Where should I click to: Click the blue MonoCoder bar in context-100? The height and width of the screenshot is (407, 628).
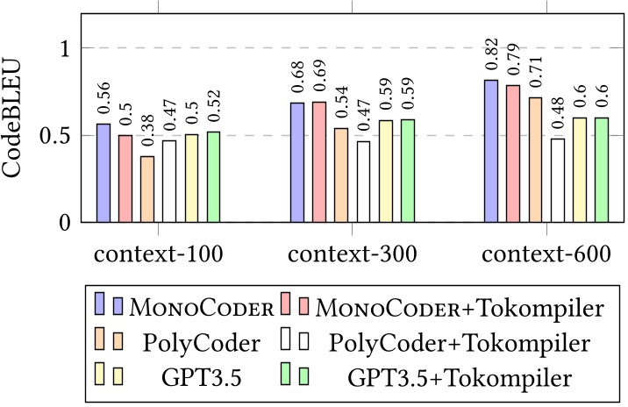pos(103,174)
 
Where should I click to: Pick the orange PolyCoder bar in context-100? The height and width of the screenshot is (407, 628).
pos(147,189)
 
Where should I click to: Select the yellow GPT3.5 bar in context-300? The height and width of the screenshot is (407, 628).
pos(385,171)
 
